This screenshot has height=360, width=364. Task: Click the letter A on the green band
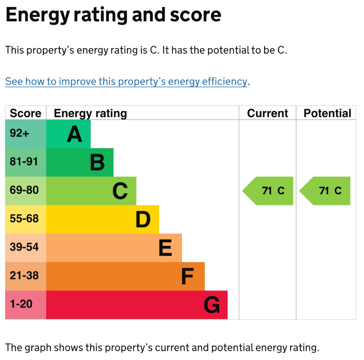(74, 135)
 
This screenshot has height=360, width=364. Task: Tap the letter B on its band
(97, 163)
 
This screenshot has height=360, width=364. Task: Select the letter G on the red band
(212, 305)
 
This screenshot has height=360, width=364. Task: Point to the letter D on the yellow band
(143, 220)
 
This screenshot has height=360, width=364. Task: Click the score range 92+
(20, 133)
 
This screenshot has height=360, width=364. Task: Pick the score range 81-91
(24, 162)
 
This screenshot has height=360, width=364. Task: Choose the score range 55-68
(24, 219)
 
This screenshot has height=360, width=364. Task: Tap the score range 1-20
(21, 304)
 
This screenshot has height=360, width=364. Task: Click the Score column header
(26, 113)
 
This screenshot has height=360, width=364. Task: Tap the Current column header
(267, 113)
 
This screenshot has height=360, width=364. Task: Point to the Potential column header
(327, 113)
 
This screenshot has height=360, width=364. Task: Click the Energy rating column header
(90, 113)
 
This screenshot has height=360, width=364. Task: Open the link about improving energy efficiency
(126, 82)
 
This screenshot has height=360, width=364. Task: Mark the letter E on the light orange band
(165, 248)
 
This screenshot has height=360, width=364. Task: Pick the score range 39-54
(24, 247)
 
